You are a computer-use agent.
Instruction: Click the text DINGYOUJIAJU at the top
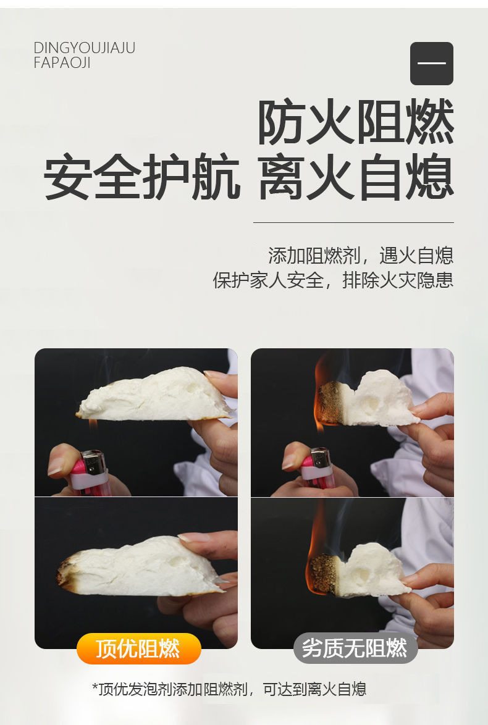tap(84, 48)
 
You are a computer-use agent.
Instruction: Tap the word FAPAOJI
tap(62, 62)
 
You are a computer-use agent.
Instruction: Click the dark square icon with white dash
tap(432, 64)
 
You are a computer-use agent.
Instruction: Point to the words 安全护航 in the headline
tap(142, 176)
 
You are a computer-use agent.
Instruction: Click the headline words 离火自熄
tap(356, 176)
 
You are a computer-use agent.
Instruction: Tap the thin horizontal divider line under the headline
tap(353, 222)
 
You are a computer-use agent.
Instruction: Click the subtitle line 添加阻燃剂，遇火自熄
tap(361, 256)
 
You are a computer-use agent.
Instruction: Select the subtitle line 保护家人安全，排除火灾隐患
tap(333, 280)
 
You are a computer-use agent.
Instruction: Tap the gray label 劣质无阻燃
tap(355, 648)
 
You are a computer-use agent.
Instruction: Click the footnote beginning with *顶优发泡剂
tap(229, 689)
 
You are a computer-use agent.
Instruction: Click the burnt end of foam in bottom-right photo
tap(323, 575)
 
